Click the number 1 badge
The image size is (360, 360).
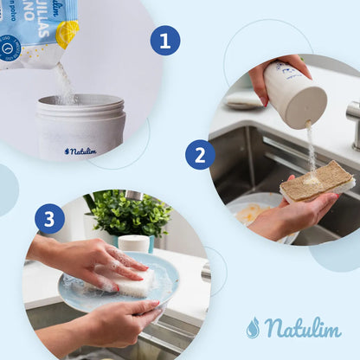point(164,41)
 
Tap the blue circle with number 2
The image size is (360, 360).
point(200,155)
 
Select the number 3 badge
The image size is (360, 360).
point(49,218)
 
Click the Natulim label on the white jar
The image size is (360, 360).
point(80,151)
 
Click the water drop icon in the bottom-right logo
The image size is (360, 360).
point(253,328)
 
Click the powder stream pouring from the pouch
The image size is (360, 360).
point(65,82)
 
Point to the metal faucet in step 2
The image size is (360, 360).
point(353,121)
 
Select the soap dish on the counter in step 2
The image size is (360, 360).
point(243,100)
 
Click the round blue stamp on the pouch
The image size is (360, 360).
point(11,48)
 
